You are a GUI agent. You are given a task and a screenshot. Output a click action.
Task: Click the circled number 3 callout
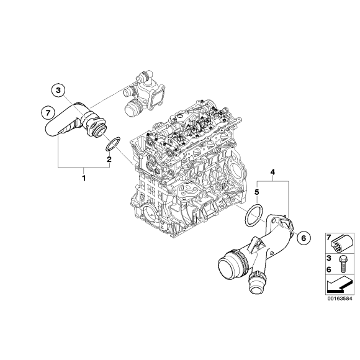click(58, 91)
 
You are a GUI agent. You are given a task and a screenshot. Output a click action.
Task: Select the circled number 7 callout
click(46, 112)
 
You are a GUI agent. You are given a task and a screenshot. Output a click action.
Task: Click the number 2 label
click(109, 161)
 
